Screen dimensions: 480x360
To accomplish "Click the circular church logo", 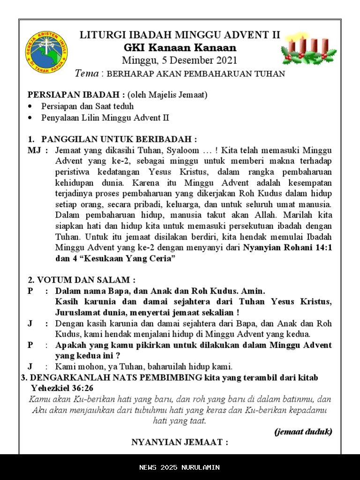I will click(x=46, y=52).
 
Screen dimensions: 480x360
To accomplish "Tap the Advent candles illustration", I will click(x=308, y=50).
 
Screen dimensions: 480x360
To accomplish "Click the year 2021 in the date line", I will click(x=226, y=60).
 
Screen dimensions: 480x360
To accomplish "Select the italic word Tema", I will click(x=87, y=73).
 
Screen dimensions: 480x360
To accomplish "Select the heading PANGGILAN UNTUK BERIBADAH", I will click(x=119, y=139).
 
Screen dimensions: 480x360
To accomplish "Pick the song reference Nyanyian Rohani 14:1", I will click(x=287, y=248).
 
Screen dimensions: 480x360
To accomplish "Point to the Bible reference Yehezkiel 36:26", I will click(x=62, y=388).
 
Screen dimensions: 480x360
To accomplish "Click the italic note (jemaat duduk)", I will click(x=303, y=432).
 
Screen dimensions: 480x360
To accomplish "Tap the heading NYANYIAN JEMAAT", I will click(x=180, y=442).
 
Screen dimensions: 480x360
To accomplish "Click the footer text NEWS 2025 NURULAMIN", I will click(x=180, y=467).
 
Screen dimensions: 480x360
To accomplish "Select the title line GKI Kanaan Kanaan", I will click(x=180, y=48).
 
